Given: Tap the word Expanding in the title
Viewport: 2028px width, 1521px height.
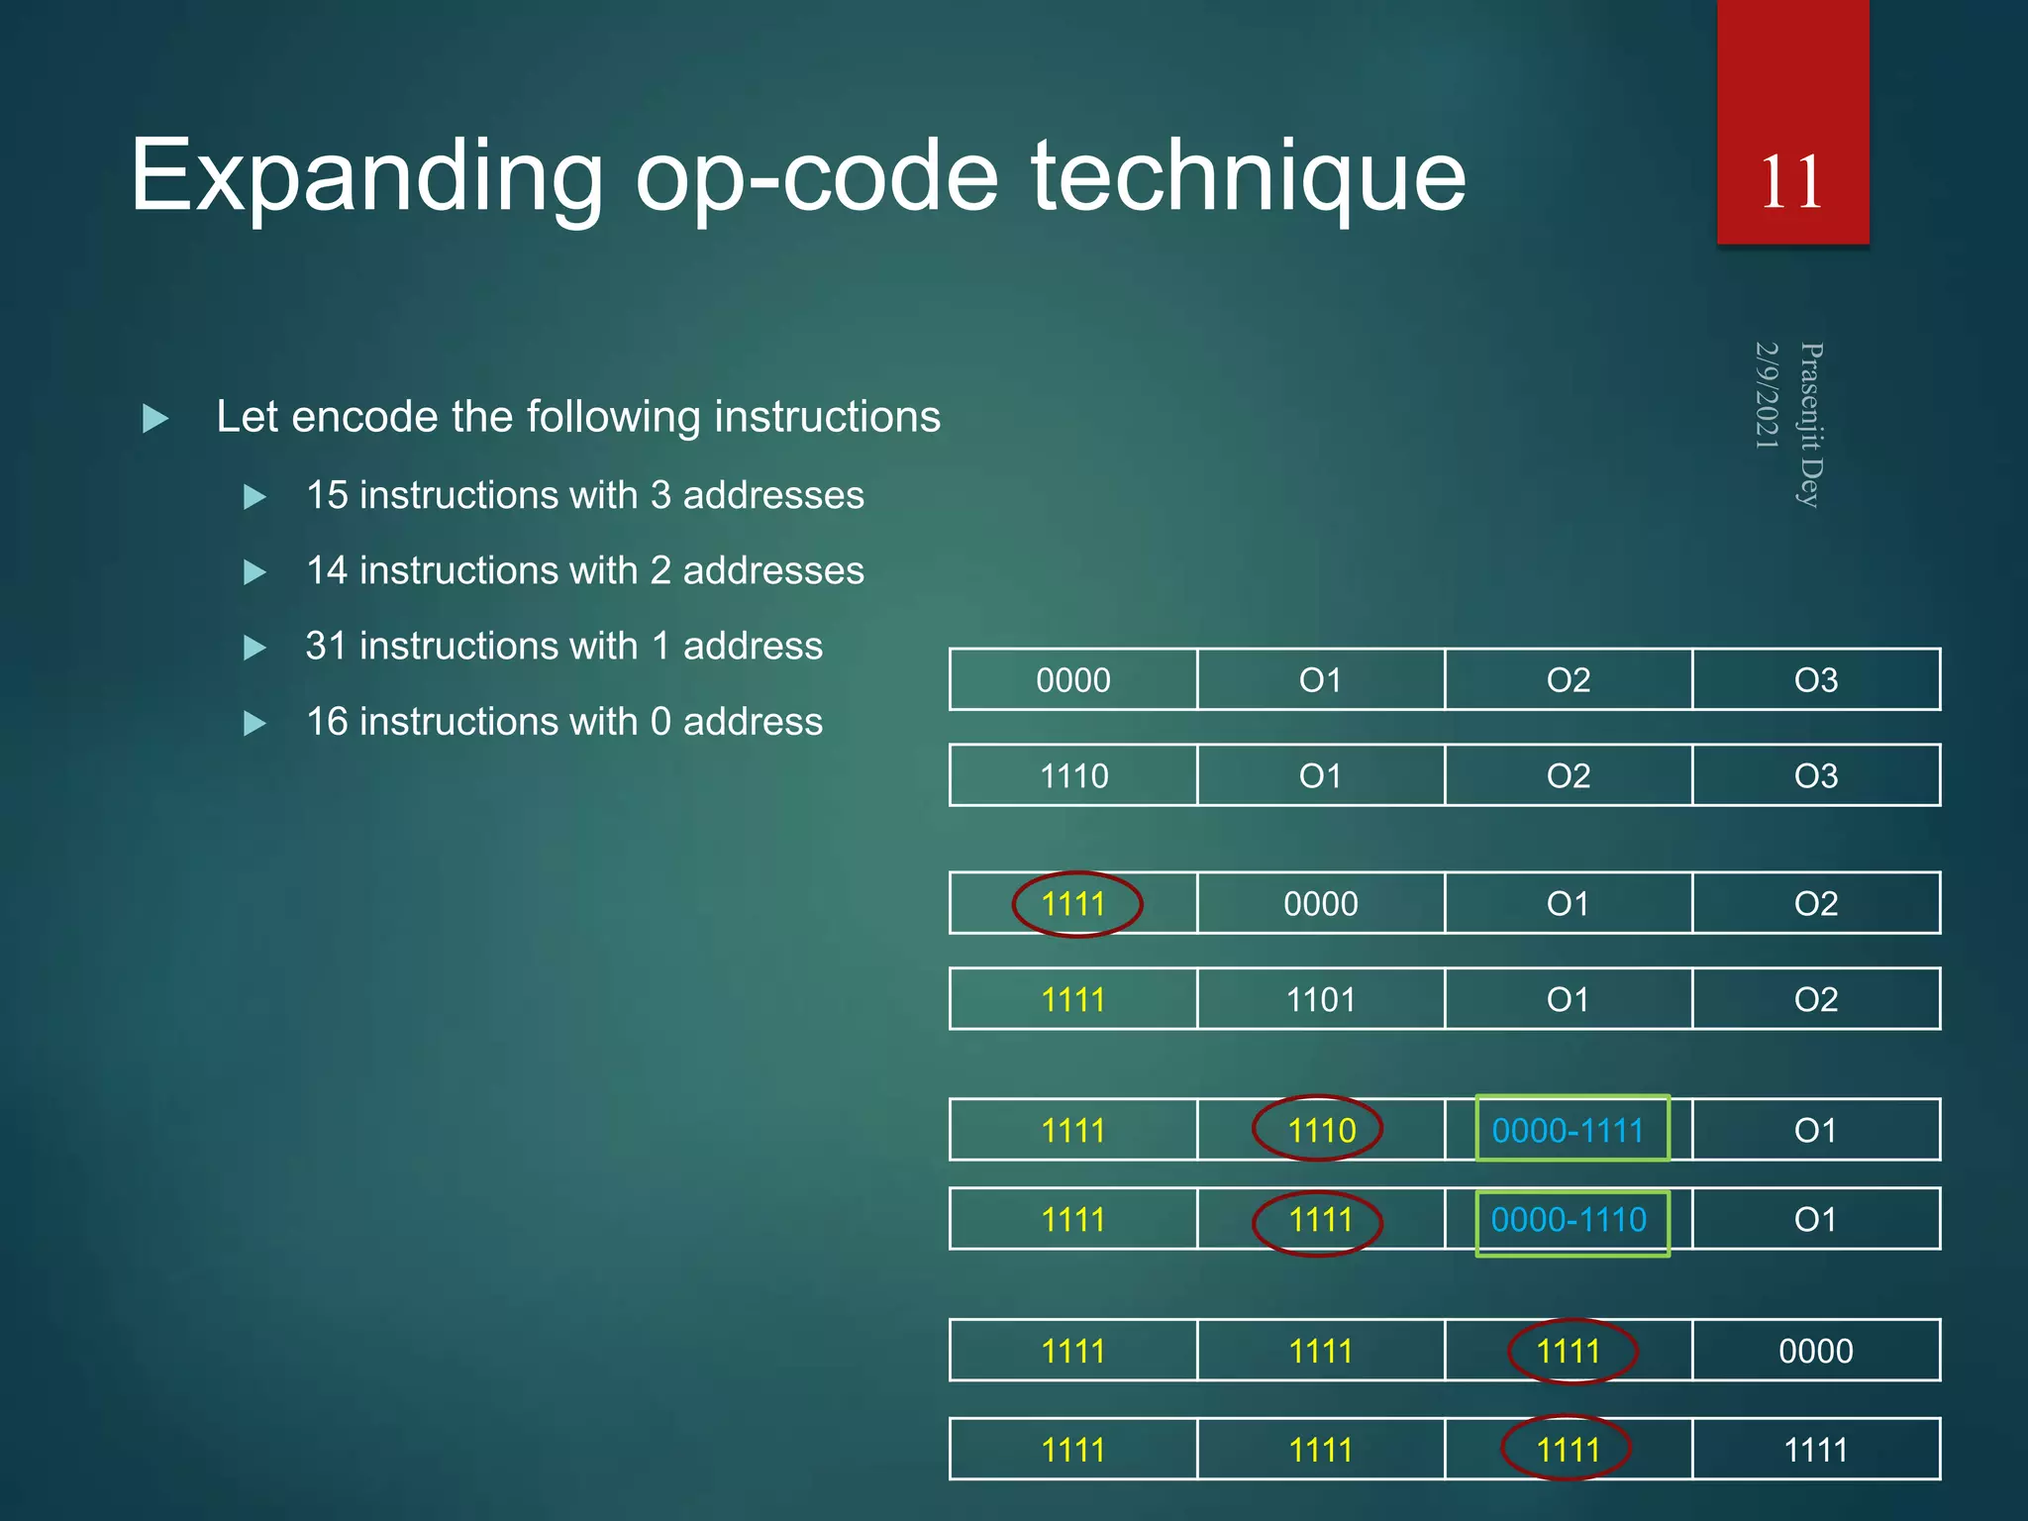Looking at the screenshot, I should click(366, 178).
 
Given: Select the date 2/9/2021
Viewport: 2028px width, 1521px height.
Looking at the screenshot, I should click(1767, 395).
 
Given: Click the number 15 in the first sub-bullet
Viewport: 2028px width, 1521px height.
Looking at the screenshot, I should click(327, 495).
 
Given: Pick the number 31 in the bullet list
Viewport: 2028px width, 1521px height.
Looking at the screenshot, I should click(327, 647).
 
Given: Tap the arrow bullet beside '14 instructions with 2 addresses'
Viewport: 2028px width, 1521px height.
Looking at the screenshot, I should click(254, 572).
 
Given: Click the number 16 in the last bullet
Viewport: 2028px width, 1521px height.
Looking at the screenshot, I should click(327, 722).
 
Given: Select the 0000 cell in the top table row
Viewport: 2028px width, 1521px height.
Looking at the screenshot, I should click(1072, 680).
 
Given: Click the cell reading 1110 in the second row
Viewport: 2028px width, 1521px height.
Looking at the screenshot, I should click(1072, 775).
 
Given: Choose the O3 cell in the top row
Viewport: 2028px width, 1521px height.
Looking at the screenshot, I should click(1815, 680).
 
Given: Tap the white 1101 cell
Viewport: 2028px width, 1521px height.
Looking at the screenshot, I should click(1320, 1000).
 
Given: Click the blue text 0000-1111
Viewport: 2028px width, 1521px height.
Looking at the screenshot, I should click(1568, 1130).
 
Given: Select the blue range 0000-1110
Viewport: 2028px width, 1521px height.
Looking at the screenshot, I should click(1568, 1220).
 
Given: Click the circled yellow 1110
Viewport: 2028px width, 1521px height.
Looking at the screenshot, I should click(1320, 1130).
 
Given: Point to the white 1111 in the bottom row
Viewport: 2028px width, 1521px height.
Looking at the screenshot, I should click(1815, 1451).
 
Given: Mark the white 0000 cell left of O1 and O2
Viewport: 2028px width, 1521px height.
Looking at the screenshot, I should click(1320, 904).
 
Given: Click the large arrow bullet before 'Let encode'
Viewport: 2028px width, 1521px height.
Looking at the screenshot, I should click(155, 418).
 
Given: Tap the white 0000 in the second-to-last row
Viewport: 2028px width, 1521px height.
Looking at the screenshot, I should click(1815, 1351).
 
